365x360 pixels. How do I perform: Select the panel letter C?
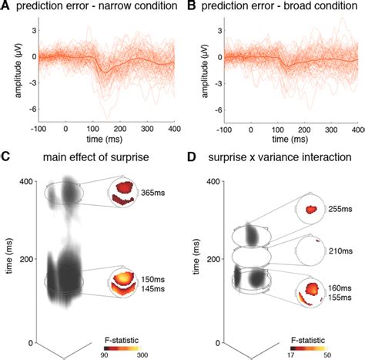click(5, 160)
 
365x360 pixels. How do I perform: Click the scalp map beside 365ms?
click(123, 194)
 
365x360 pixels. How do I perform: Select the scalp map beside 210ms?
click(310, 251)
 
